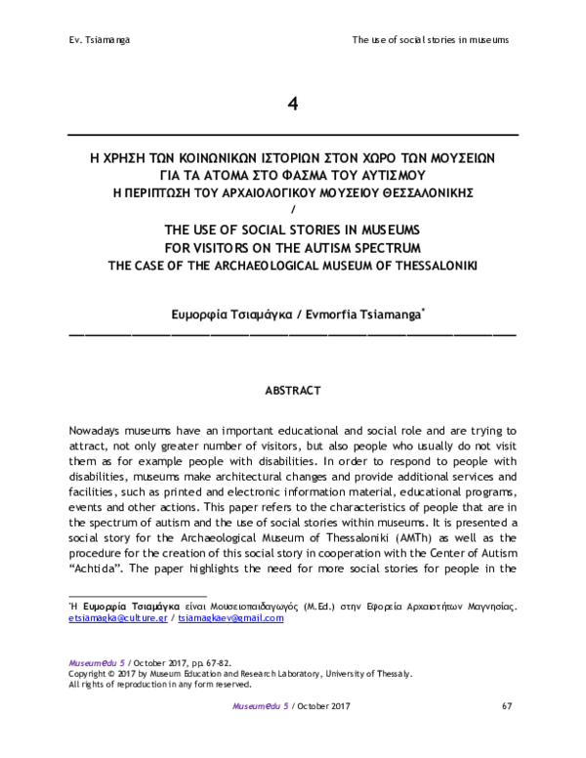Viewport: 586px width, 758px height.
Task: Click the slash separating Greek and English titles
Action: pos(292,207)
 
